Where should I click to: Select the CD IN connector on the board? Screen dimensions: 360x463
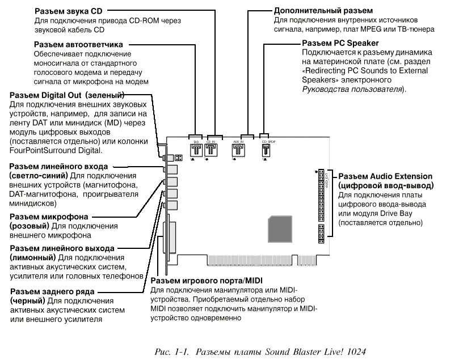coord(211,149)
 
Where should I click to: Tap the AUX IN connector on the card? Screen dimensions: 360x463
coord(237,149)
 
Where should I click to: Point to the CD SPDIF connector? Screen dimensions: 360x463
coord(265,150)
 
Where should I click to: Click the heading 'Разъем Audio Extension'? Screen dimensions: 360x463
coord(385,177)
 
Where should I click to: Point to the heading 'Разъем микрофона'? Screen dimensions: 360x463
coord(48,217)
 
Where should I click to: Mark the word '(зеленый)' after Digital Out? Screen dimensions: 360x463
coord(106,95)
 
